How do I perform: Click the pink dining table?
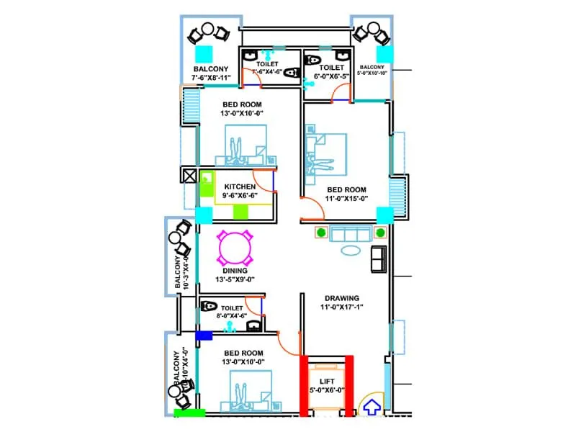click(235, 248)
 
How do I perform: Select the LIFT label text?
click(326, 382)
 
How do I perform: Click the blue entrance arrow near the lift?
click(372, 408)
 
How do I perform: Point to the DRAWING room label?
click(342, 297)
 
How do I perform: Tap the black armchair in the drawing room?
click(378, 258)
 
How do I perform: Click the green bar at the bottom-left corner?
click(189, 413)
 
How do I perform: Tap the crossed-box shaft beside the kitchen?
click(189, 176)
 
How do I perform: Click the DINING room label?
click(235, 271)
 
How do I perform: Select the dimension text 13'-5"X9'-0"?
click(235, 279)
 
